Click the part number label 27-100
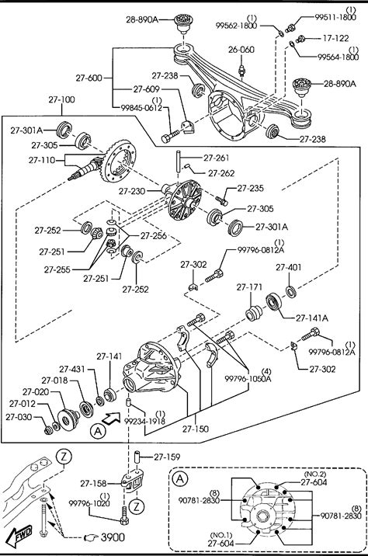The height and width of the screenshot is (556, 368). (61, 99)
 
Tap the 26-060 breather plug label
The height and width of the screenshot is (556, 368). (241, 49)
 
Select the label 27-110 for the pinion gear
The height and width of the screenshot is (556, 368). (42, 160)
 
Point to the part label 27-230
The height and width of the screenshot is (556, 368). (132, 192)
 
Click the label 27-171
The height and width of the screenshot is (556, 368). (249, 287)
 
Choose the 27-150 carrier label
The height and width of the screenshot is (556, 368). (196, 429)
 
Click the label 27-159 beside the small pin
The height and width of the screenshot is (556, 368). (167, 457)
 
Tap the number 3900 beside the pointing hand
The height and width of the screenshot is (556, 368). (113, 537)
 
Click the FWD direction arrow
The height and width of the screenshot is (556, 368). (20, 535)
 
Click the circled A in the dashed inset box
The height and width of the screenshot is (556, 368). (180, 479)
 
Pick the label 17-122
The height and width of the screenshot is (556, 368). (335, 38)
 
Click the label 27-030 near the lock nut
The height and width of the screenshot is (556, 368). (19, 417)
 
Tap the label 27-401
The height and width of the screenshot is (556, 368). (289, 267)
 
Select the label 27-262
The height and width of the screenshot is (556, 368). (221, 173)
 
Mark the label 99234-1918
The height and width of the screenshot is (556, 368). (144, 421)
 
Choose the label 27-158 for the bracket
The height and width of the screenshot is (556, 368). (94, 484)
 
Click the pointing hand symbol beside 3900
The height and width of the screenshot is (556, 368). (91, 538)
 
